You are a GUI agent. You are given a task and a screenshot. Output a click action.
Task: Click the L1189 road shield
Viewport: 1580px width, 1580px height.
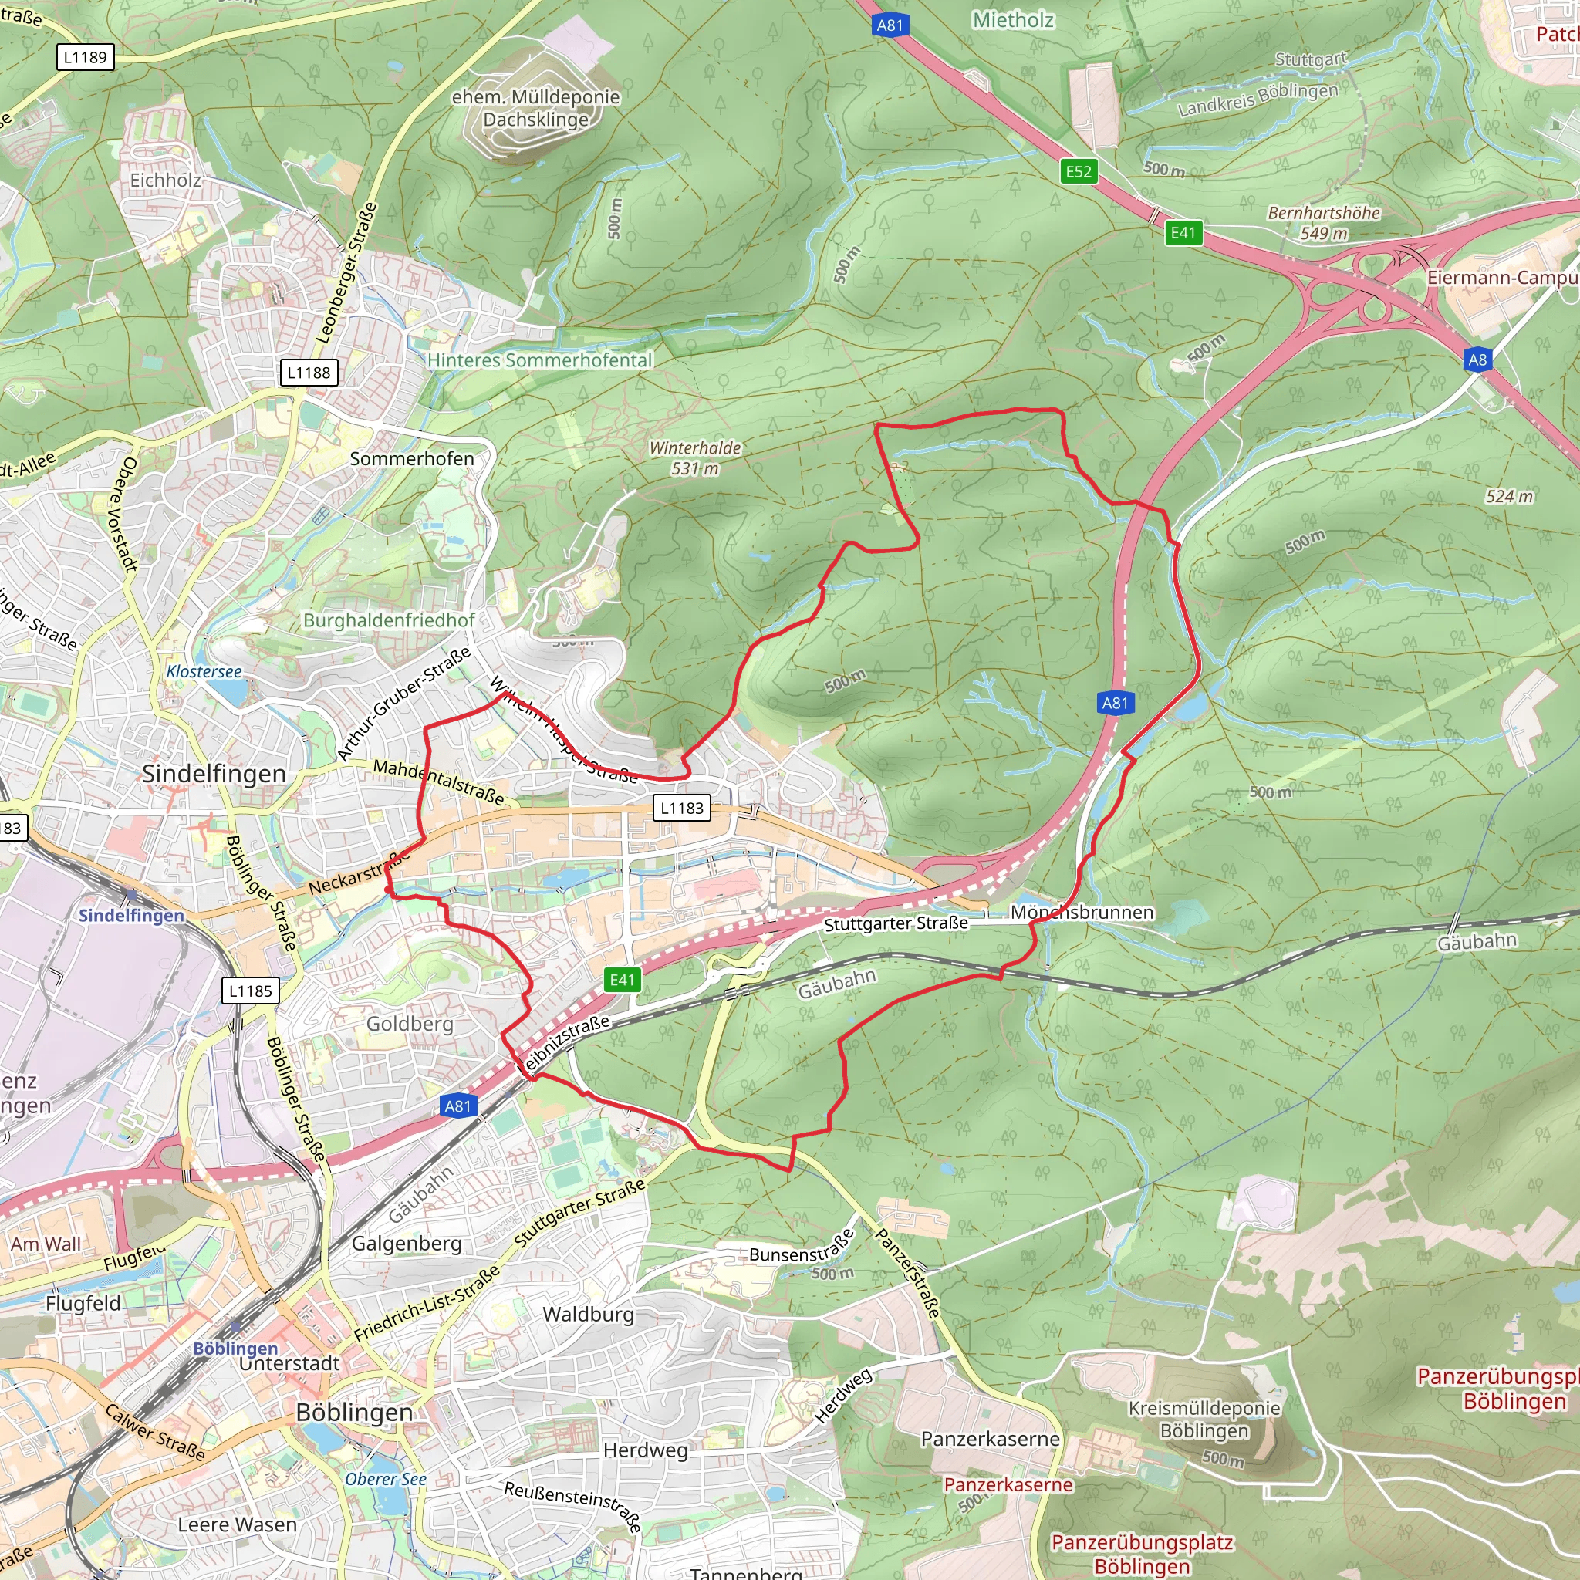coord(85,57)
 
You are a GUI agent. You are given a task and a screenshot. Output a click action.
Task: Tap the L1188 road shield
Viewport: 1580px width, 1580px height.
coord(309,373)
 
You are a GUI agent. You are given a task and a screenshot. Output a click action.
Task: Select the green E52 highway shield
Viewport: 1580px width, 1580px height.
coord(1078,172)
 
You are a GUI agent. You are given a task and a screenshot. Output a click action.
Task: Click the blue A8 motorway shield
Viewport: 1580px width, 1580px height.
coord(1477,360)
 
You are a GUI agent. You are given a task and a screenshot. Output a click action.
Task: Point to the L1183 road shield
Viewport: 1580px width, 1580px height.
coord(682,808)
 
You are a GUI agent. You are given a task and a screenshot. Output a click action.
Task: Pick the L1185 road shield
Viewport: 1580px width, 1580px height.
coord(250,991)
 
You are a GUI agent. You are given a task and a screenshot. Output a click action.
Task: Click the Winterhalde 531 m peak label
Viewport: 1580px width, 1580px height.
coord(694,458)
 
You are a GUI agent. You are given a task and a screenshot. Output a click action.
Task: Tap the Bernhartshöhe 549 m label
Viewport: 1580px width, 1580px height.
coord(1323,222)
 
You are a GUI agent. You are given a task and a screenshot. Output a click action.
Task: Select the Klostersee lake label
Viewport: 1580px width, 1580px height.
coord(204,671)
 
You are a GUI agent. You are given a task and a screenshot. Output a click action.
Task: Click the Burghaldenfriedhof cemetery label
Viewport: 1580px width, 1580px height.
coord(389,620)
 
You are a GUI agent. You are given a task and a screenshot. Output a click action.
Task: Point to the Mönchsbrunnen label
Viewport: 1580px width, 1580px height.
coord(1081,912)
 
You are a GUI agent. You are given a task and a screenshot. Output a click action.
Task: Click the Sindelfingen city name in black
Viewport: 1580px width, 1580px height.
coord(214,774)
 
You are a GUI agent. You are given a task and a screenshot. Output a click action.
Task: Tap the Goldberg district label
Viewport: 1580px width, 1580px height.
coord(409,1024)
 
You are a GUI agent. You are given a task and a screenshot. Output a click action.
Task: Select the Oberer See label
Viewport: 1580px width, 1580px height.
coord(385,1479)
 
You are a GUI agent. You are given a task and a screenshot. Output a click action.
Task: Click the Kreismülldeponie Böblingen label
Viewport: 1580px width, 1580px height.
coord(1204,1419)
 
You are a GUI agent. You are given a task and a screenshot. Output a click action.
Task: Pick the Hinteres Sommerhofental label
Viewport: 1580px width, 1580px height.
coord(540,360)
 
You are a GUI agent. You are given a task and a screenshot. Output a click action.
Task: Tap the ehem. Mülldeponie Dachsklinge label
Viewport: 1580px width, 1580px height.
coord(535,108)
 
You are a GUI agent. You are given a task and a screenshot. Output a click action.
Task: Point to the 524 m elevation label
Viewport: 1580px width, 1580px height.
coord(1509,496)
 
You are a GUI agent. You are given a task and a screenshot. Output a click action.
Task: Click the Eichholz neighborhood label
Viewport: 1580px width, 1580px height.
coord(165,180)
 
